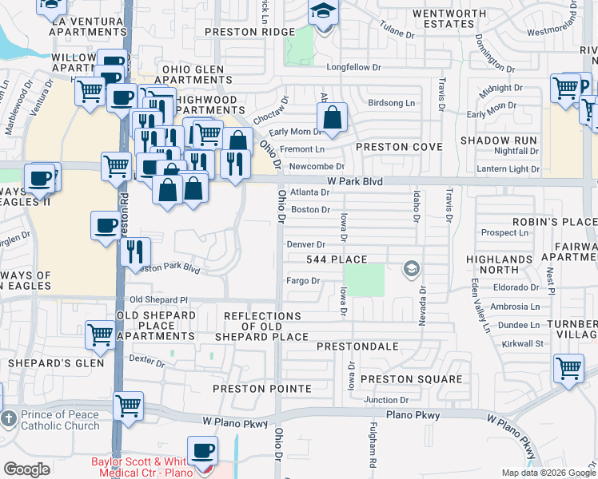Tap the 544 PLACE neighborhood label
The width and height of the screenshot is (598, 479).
337,259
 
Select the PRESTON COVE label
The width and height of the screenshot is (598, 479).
398,147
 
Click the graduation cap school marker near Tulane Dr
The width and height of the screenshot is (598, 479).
323,13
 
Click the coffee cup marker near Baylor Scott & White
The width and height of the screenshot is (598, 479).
203,451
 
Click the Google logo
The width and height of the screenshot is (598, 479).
26,469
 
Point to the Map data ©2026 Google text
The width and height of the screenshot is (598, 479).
548,473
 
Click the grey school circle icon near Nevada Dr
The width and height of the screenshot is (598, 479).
412,268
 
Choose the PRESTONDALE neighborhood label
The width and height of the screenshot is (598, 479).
357,346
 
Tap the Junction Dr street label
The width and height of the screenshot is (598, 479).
386,400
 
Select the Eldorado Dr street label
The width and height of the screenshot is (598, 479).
517,286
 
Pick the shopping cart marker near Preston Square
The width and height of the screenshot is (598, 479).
568,370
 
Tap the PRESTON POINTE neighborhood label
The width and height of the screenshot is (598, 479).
261,389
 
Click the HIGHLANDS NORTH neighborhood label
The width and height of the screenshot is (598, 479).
504,264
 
